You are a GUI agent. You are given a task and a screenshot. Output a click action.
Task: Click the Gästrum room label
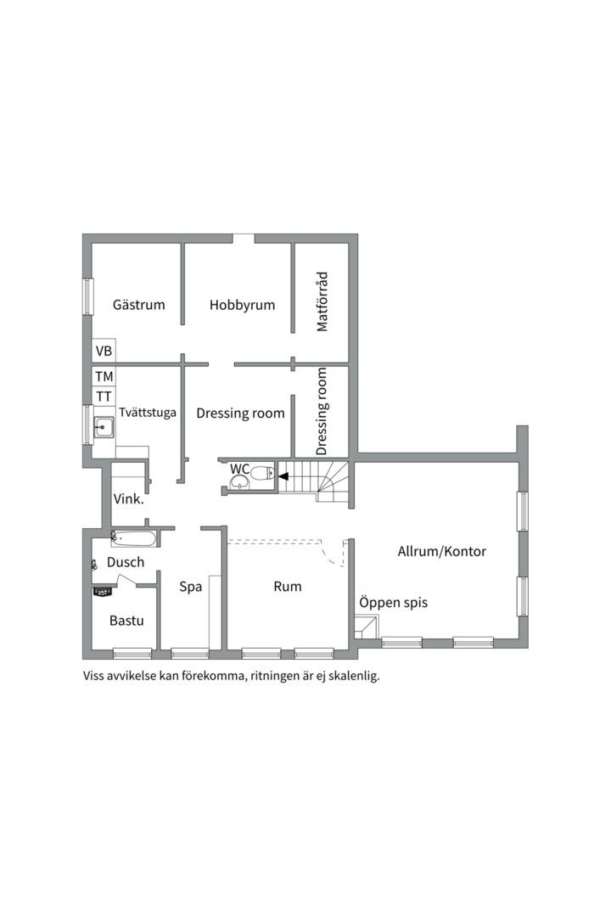[x=138, y=305]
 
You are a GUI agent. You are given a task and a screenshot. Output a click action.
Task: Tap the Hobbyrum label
[x=242, y=305]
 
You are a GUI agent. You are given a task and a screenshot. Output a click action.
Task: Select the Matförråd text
[x=322, y=301]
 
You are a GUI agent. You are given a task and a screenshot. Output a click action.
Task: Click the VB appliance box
[x=104, y=351]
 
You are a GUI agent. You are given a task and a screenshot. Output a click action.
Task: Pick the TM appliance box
[x=104, y=376]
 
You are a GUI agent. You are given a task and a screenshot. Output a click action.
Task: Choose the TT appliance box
[x=104, y=396]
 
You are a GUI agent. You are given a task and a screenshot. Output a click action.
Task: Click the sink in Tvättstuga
[x=104, y=427]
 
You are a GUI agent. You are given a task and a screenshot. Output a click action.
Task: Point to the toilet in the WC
[x=262, y=472]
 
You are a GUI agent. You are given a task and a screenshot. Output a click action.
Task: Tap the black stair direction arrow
[x=283, y=476]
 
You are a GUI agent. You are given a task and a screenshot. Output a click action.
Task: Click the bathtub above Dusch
[x=134, y=538]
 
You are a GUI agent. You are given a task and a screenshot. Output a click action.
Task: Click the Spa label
[x=191, y=587]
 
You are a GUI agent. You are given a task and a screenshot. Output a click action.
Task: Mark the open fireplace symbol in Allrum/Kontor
[x=366, y=627]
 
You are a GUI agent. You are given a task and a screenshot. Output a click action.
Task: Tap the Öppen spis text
[x=394, y=602]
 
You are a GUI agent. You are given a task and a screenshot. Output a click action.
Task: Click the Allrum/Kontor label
[x=442, y=551]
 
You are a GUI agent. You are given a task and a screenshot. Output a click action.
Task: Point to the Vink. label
[x=129, y=499]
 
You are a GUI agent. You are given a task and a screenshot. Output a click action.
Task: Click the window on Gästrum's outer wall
[x=87, y=296]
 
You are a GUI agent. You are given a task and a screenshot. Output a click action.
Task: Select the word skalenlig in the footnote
[x=355, y=676]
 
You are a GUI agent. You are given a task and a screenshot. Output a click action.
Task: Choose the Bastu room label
[x=126, y=621]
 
